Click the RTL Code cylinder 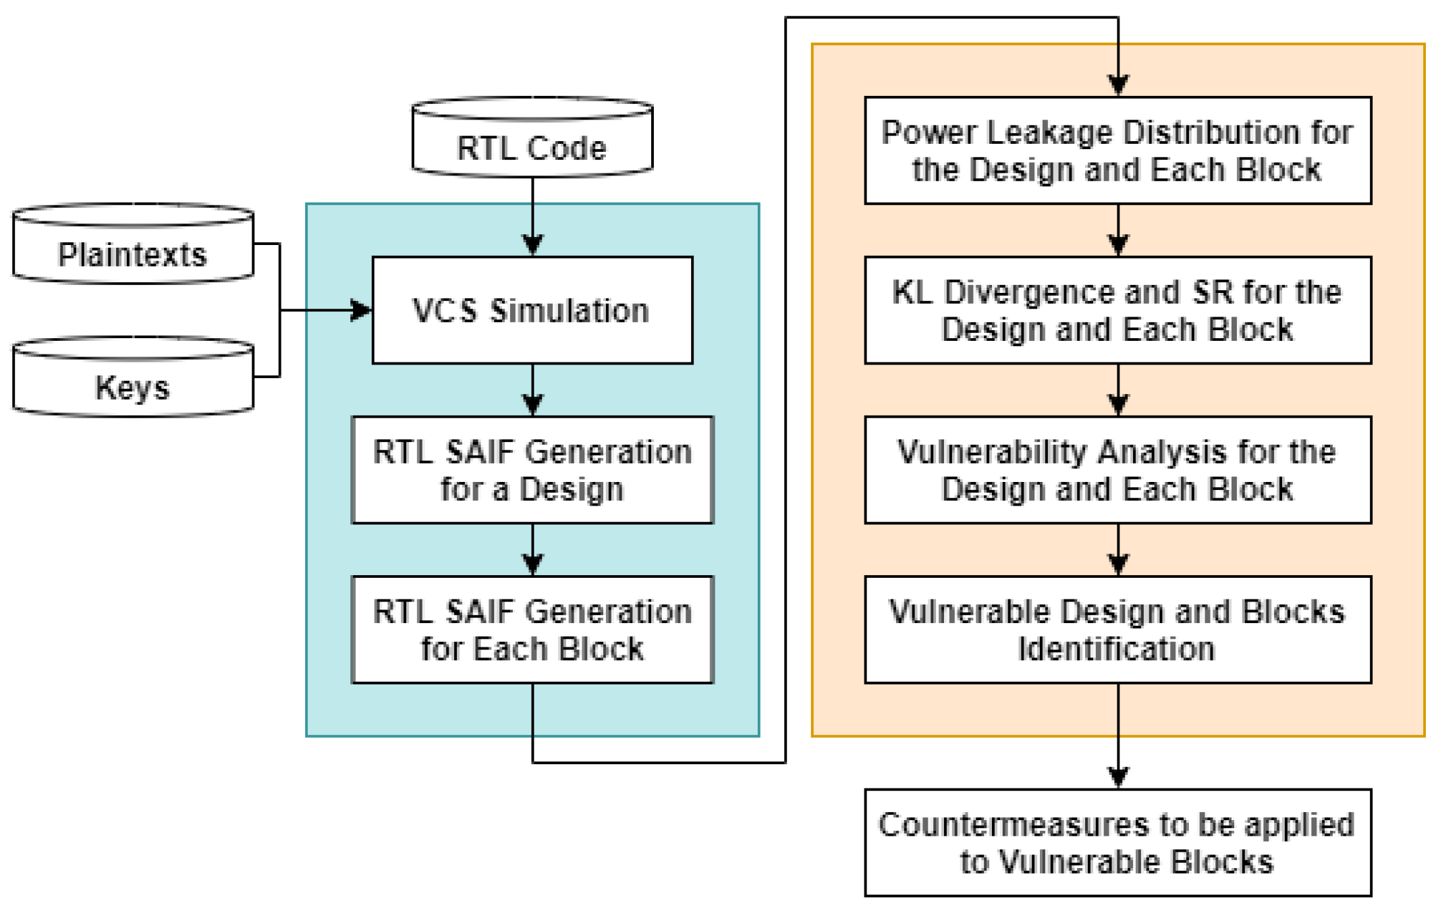(532, 137)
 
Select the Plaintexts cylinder (133, 244)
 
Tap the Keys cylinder (133, 377)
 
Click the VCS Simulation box (532, 310)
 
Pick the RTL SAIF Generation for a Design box (532, 470)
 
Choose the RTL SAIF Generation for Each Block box (532, 629)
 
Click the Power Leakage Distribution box (1118, 151)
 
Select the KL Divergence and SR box (1118, 310)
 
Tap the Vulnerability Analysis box (1118, 470)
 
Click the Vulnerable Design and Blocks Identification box (1118, 629)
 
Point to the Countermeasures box (1118, 842)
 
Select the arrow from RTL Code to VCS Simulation (532, 217)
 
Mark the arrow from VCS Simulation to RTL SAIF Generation (532, 390)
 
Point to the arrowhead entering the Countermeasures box (1118, 778)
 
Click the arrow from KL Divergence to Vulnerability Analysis (1118, 390)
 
